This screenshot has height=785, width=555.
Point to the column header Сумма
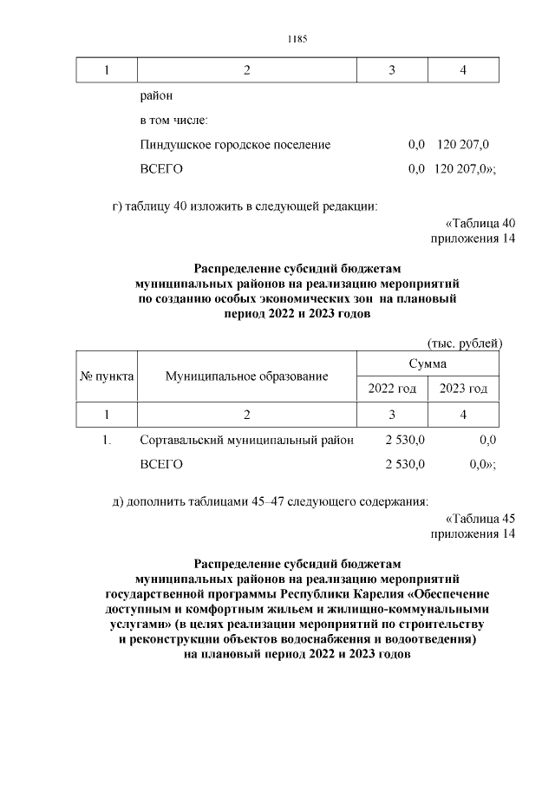point(428,363)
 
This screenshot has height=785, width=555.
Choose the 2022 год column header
point(392,389)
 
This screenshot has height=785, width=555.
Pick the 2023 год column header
point(463,389)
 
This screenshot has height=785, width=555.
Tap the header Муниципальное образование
point(247,376)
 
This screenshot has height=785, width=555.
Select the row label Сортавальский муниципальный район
point(246,441)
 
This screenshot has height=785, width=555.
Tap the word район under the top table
point(156,95)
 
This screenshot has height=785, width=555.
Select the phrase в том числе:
point(173,120)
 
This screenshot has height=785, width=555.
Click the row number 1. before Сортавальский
point(107,441)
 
